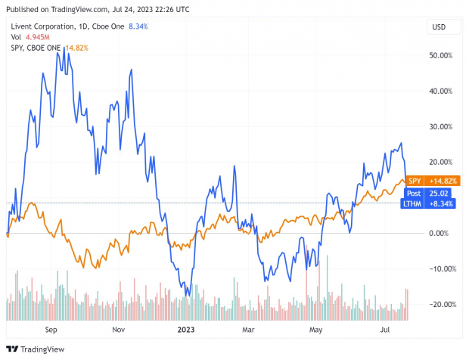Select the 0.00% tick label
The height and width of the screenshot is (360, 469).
[x=440, y=233]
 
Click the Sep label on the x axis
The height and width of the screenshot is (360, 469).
[x=51, y=330]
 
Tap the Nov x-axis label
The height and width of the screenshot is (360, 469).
[x=118, y=330]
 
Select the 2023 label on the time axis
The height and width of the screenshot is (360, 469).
[x=185, y=330]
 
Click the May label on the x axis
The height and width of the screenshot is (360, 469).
[x=315, y=330]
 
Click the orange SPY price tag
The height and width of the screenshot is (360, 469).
[x=431, y=181]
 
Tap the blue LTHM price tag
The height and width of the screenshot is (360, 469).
[x=431, y=204]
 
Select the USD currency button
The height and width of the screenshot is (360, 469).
[x=438, y=27]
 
